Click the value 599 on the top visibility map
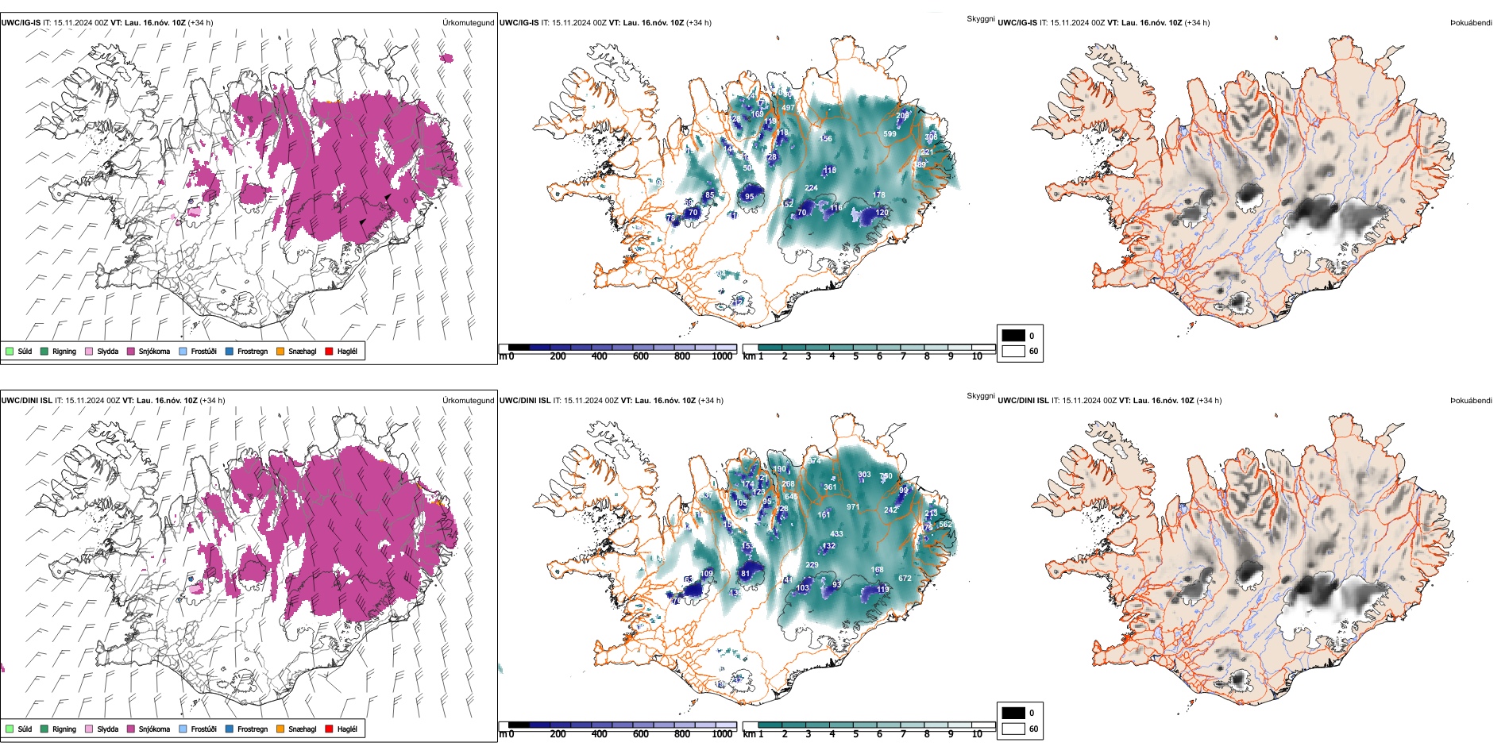[890, 134]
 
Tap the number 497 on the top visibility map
[788, 108]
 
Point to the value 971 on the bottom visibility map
[853, 507]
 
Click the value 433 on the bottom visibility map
[836, 534]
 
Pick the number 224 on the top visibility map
[811, 189]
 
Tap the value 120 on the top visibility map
[882, 213]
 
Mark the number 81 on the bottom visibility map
[745, 574]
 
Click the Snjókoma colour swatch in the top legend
[131, 351]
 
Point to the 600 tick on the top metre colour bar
[641, 356]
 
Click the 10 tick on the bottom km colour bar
[977, 734]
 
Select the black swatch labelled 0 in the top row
[1013, 336]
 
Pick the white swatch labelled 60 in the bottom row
[1013, 729]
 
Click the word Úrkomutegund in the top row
[468, 23]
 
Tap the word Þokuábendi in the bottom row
[1471, 401]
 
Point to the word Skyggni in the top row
[980, 19]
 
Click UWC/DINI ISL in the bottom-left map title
[26, 401]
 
